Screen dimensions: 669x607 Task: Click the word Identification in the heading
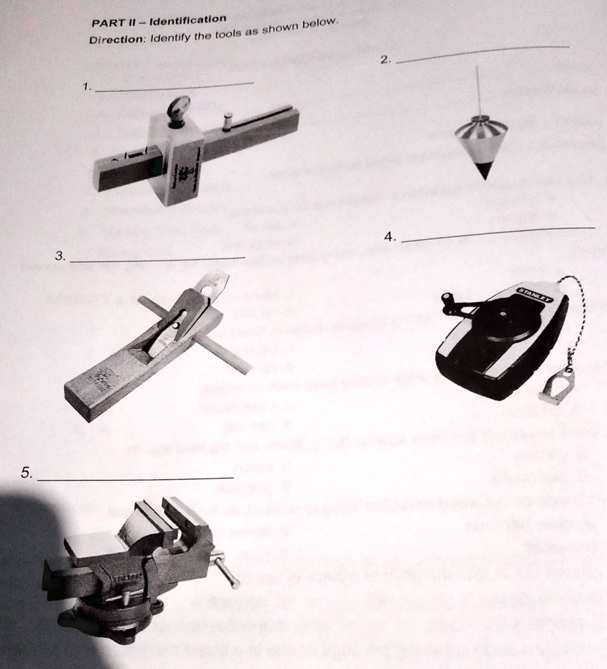[188, 20]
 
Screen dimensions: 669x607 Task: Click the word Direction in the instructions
[116, 40]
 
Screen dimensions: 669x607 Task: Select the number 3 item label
[60, 257]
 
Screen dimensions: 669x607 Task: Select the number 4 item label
[390, 238]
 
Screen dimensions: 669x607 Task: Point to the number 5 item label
[26, 474]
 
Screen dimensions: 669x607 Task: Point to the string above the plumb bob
[478, 91]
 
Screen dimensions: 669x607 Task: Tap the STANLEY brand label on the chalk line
[534, 295]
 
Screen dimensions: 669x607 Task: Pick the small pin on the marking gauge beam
[227, 121]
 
